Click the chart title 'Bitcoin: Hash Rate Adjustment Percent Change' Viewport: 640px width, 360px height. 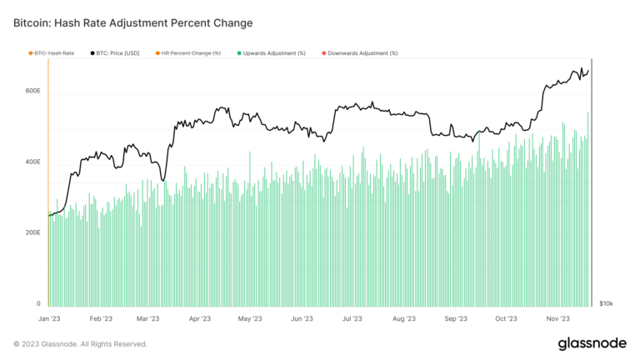pyautogui.click(x=132, y=22)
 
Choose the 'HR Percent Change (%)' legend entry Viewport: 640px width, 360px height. pyautogui.click(x=190, y=53)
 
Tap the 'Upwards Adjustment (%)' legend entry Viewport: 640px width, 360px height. pyautogui.click(x=274, y=53)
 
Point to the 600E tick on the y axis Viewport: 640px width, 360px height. pyautogui.click(x=32, y=90)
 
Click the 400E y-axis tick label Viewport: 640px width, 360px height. pyautogui.click(x=32, y=162)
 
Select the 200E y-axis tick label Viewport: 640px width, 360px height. pyautogui.click(x=32, y=232)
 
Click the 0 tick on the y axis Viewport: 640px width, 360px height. pyautogui.click(x=37, y=304)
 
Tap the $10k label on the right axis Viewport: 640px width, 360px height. pyautogui.click(x=607, y=304)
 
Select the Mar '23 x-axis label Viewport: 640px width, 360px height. pyautogui.click(x=148, y=318)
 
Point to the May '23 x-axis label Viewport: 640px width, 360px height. pyautogui.click(x=250, y=318)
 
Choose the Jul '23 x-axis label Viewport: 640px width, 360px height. pyautogui.click(x=352, y=318)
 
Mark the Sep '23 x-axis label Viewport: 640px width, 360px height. pyautogui.click(x=455, y=318)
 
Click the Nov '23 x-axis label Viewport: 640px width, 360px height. pyautogui.click(x=557, y=318)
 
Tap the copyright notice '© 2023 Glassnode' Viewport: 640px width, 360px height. pyautogui.click(x=80, y=343)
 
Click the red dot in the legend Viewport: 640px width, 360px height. pyautogui.click(x=323, y=53)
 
